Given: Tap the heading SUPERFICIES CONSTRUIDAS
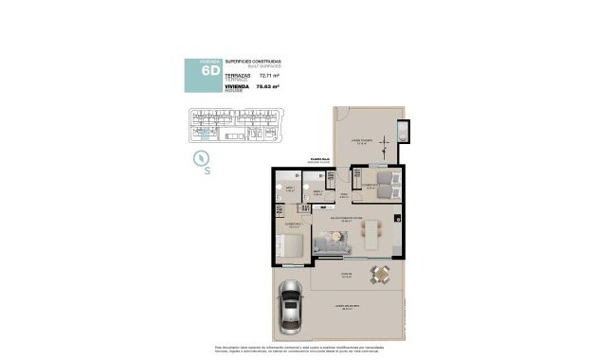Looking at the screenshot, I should [x=254, y=60].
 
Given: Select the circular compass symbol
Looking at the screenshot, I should [x=201, y=157].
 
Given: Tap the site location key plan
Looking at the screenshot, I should [x=234, y=124].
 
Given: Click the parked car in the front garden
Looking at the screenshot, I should [x=290, y=311].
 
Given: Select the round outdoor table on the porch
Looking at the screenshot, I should [x=380, y=275].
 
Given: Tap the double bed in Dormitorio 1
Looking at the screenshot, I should [x=291, y=247].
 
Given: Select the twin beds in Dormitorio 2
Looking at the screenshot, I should [x=379, y=182].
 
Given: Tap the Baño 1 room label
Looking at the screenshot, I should [x=290, y=189].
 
